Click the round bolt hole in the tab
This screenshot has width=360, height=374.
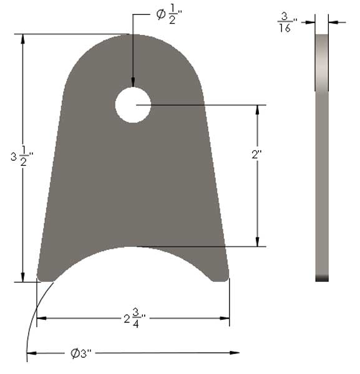(133, 105)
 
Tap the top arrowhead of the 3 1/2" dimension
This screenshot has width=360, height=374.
(23, 39)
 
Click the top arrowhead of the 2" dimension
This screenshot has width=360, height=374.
(257, 110)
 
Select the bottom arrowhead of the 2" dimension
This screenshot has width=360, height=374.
(257, 242)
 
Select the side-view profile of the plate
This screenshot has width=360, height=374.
(323, 156)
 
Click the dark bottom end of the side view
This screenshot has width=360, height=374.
(323, 279)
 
